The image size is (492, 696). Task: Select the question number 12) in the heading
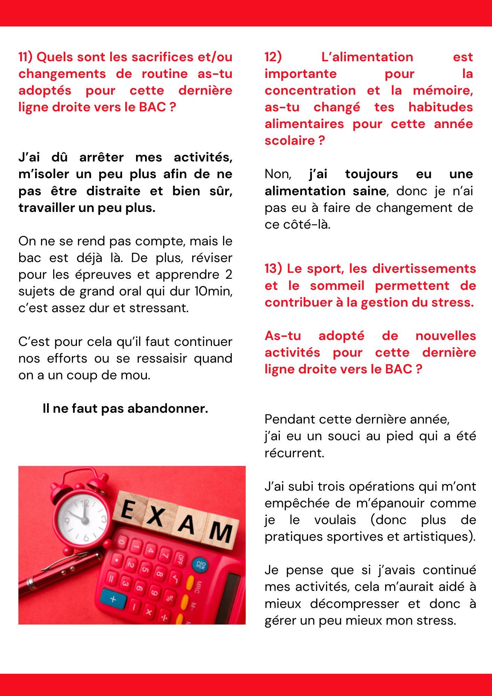273,57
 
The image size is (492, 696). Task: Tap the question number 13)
273,269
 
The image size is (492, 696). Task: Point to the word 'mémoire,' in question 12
443,90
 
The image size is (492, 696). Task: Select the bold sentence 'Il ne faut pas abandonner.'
125,409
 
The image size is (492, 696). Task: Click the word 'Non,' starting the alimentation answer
278,174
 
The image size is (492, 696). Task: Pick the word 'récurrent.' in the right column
294,453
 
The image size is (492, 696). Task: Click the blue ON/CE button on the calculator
201,564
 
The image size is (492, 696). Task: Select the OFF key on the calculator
180,559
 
